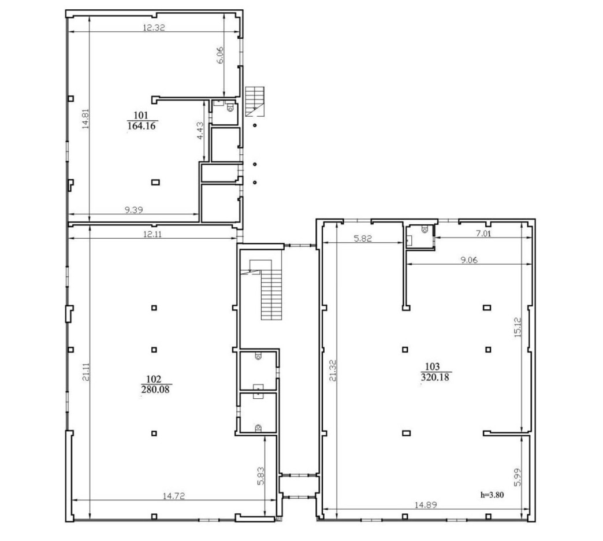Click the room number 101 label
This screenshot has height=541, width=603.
tap(141, 115)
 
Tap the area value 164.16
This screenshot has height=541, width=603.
tap(142, 126)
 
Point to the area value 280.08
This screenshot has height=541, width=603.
tap(155, 390)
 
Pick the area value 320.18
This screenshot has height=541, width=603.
tap(435, 377)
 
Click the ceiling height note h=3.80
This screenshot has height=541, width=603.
tap(492, 495)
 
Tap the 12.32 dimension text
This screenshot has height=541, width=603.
tap(154, 28)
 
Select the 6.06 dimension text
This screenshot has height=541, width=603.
tap(220, 55)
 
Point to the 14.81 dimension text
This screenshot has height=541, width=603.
tap(85, 118)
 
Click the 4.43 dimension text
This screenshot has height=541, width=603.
tap(200, 131)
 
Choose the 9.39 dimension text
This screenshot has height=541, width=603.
tap(134, 210)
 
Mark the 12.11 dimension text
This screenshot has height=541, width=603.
tap(152, 234)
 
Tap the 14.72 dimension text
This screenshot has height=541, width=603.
tap(173, 496)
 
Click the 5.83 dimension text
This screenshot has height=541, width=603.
tap(260, 476)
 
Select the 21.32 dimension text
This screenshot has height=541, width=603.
tap(333, 370)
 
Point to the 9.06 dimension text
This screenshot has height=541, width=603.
tap(469, 260)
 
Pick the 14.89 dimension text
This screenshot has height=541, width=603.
tap(426, 505)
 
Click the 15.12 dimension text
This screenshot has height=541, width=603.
tap(518, 327)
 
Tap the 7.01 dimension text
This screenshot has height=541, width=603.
tap(483, 234)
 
